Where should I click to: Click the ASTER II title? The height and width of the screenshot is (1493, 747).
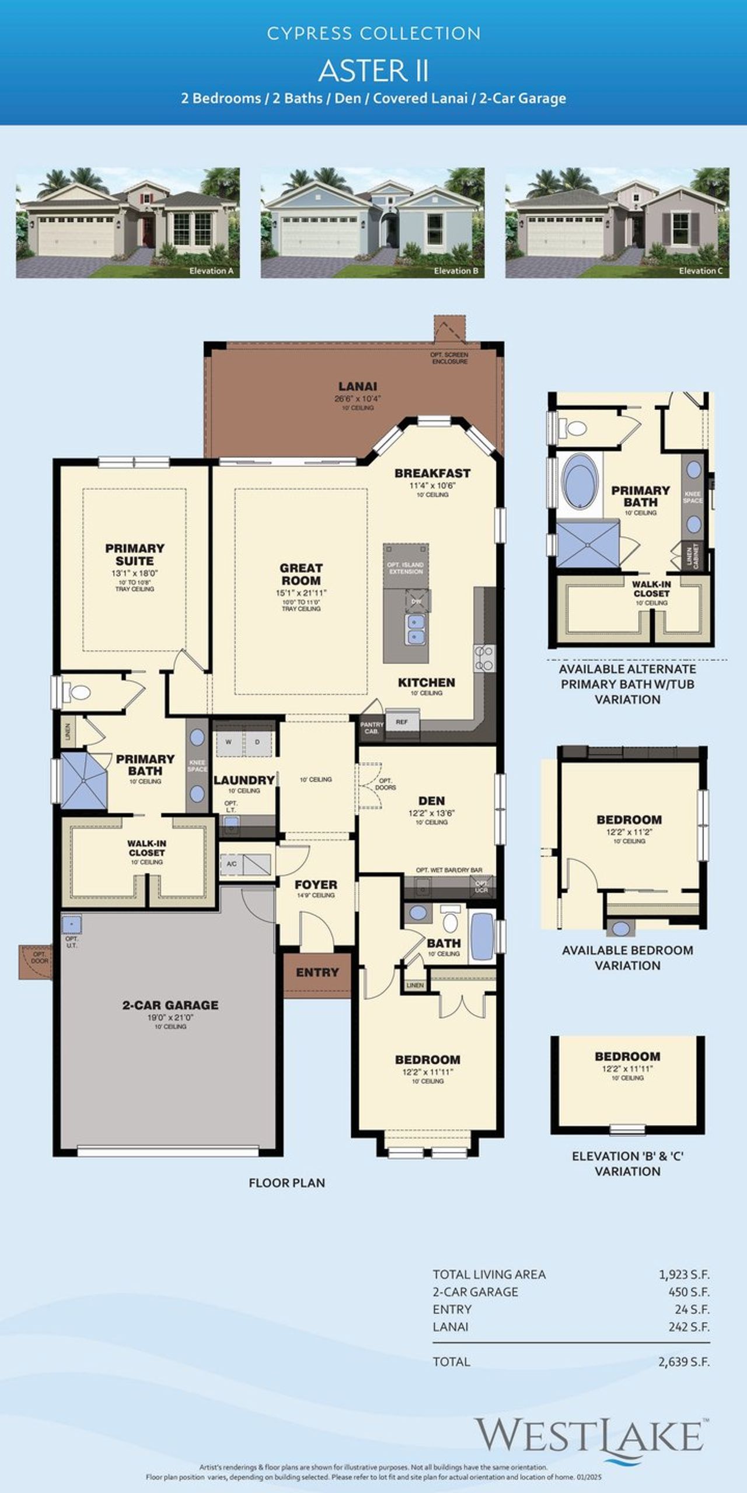point(373,71)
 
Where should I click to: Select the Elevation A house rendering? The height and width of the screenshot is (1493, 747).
point(128,222)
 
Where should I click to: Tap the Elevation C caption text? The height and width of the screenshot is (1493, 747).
point(700,271)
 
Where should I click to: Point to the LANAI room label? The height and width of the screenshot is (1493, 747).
point(358,386)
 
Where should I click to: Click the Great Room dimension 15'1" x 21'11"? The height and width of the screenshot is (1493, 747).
point(301,593)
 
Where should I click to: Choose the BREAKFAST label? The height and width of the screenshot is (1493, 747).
point(432,473)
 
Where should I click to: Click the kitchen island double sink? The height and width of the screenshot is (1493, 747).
point(416,629)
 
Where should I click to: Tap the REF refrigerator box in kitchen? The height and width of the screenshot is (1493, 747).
point(402,722)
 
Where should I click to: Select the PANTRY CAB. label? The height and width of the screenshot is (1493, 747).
point(372,728)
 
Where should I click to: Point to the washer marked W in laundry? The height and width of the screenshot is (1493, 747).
point(229,742)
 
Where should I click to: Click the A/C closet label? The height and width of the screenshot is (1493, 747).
point(232,864)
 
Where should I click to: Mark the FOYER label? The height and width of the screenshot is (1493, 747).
point(316,885)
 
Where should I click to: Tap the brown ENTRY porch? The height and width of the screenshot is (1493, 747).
point(317,972)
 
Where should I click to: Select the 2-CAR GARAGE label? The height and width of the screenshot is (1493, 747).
point(170,1005)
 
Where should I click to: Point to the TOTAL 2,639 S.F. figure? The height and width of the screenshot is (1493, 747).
point(684,1362)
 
